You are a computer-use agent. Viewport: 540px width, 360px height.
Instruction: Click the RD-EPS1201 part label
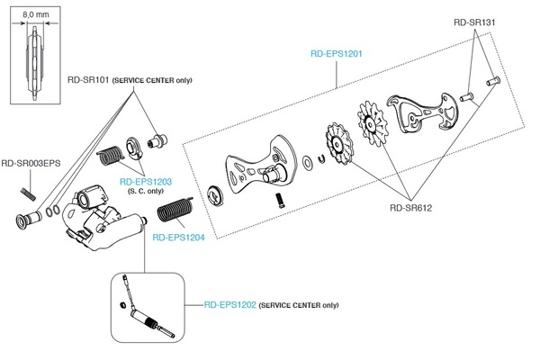click(336, 53)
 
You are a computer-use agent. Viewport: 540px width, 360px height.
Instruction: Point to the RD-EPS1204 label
click(180, 238)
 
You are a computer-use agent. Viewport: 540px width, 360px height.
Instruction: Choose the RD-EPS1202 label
click(229, 305)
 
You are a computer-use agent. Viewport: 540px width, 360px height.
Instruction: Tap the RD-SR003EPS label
click(31, 164)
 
